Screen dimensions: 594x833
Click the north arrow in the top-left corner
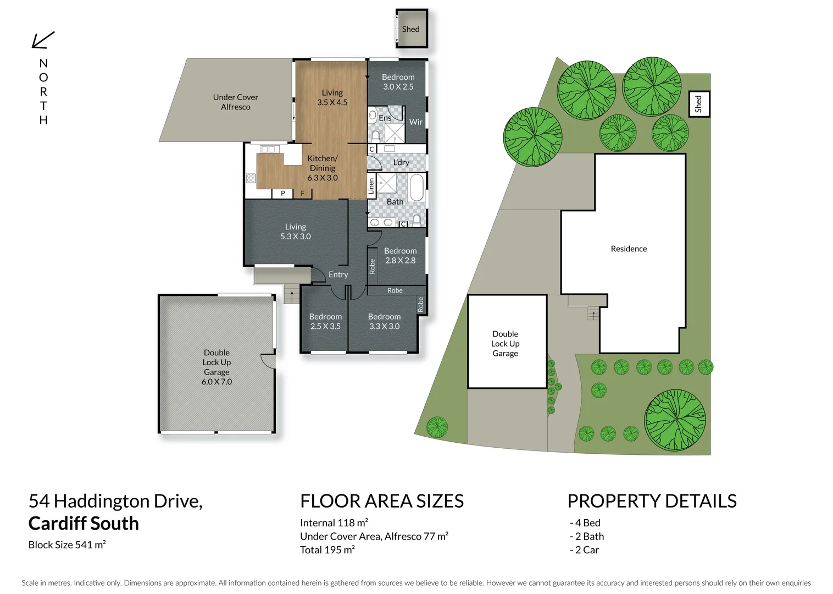(43, 40)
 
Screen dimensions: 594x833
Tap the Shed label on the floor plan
(410, 29)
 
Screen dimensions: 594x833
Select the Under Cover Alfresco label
(235, 102)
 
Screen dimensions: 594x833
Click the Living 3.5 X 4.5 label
(332, 97)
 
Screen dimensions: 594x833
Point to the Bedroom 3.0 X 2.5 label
(398, 82)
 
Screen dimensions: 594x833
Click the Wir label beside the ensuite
(416, 122)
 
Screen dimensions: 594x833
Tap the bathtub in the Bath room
(417, 188)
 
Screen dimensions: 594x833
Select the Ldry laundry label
(401, 162)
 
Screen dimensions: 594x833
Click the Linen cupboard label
(371, 186)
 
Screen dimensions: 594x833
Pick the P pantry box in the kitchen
(282, 193)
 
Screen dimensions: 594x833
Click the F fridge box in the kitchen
(302, 193)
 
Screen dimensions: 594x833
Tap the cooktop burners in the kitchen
(251, 178)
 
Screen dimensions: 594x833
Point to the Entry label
(338, 274)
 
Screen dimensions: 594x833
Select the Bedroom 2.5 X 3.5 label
(325, 321)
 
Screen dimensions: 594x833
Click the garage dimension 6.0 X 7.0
(216, 382)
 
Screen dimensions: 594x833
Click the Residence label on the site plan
(629, 249)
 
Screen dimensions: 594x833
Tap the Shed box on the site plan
(699, 104)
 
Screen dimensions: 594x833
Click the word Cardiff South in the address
(84, 523)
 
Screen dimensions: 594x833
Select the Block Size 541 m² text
(67, 544)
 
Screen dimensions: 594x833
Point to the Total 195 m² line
(327, 549)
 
